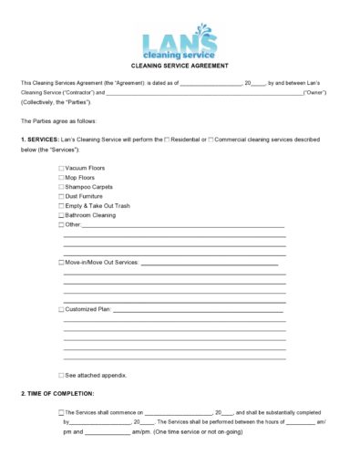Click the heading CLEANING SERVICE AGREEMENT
[x=180, y=66]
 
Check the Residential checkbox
[x=167, y=139]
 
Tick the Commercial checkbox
[x=211, y=139]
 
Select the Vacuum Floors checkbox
[x=62, y=168]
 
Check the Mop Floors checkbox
[x=62, y=177]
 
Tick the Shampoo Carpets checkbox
[x=62, y=187]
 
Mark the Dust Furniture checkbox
[x=62, y=196]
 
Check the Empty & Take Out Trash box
[x=62, y=206]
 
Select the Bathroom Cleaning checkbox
[x=62, y=215]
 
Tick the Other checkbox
[x=62, y=224]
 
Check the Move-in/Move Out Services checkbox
[x=62, y=263]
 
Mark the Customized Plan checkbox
[x=62, y=309]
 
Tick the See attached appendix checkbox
[x=62, y=375]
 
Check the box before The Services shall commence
[x=62, y=412]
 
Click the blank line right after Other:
[x=182, y=225]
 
